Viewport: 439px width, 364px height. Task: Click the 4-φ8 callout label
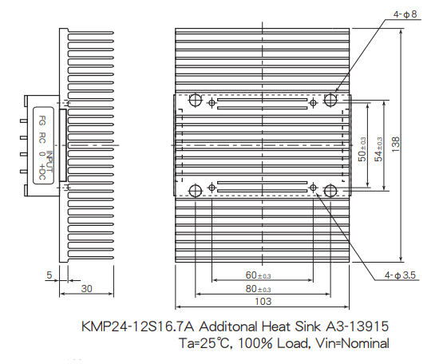click(405, 14)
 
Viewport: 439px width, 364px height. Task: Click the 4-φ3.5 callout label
click(400, 275)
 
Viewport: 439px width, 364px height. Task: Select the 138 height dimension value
click(396, 144)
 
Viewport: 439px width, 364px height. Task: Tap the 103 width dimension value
click(263, 302)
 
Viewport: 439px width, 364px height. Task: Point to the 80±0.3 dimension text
click(258, 289)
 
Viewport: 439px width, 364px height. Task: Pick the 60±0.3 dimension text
click(258, 275)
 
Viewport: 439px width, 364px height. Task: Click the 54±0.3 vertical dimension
click(378, 149)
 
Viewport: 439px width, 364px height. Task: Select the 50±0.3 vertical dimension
click(362, 149)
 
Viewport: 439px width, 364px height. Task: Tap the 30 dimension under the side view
click(86, 289)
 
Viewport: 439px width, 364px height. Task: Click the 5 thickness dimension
click(49, 275)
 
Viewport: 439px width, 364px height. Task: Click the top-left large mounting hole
click(195, 100)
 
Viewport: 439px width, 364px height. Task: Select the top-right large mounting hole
click(330, 100)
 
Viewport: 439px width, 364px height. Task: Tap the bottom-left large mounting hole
click(195, 191)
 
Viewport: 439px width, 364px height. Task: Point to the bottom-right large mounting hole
click(330, 191)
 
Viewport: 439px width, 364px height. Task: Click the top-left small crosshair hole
click(212, 103)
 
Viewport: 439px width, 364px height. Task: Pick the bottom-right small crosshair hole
click(314, 188)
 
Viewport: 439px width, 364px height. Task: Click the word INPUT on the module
click(49, 161)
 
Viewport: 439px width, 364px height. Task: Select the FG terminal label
click(42, 121)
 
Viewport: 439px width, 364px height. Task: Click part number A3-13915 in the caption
click(358, 326)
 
